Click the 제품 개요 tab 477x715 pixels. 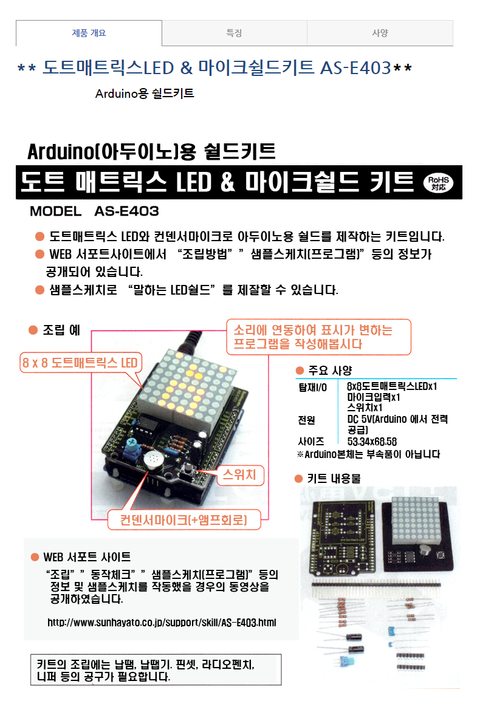coord(89,33)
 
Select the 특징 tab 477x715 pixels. coord(235,33)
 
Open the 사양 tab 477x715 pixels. coord(380,33)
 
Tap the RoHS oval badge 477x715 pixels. coord(438,183)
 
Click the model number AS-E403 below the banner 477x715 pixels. coord(127,211)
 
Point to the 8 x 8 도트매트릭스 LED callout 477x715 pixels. coord(81,363)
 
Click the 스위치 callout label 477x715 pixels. coord(239,474)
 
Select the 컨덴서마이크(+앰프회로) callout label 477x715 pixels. coord(184,520)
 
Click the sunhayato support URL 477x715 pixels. coord(162,623)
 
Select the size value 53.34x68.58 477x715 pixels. coord(372,442)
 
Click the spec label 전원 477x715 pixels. coord(307,420)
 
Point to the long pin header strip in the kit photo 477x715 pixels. coord(376,584)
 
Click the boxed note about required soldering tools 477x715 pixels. coord(156,670)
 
